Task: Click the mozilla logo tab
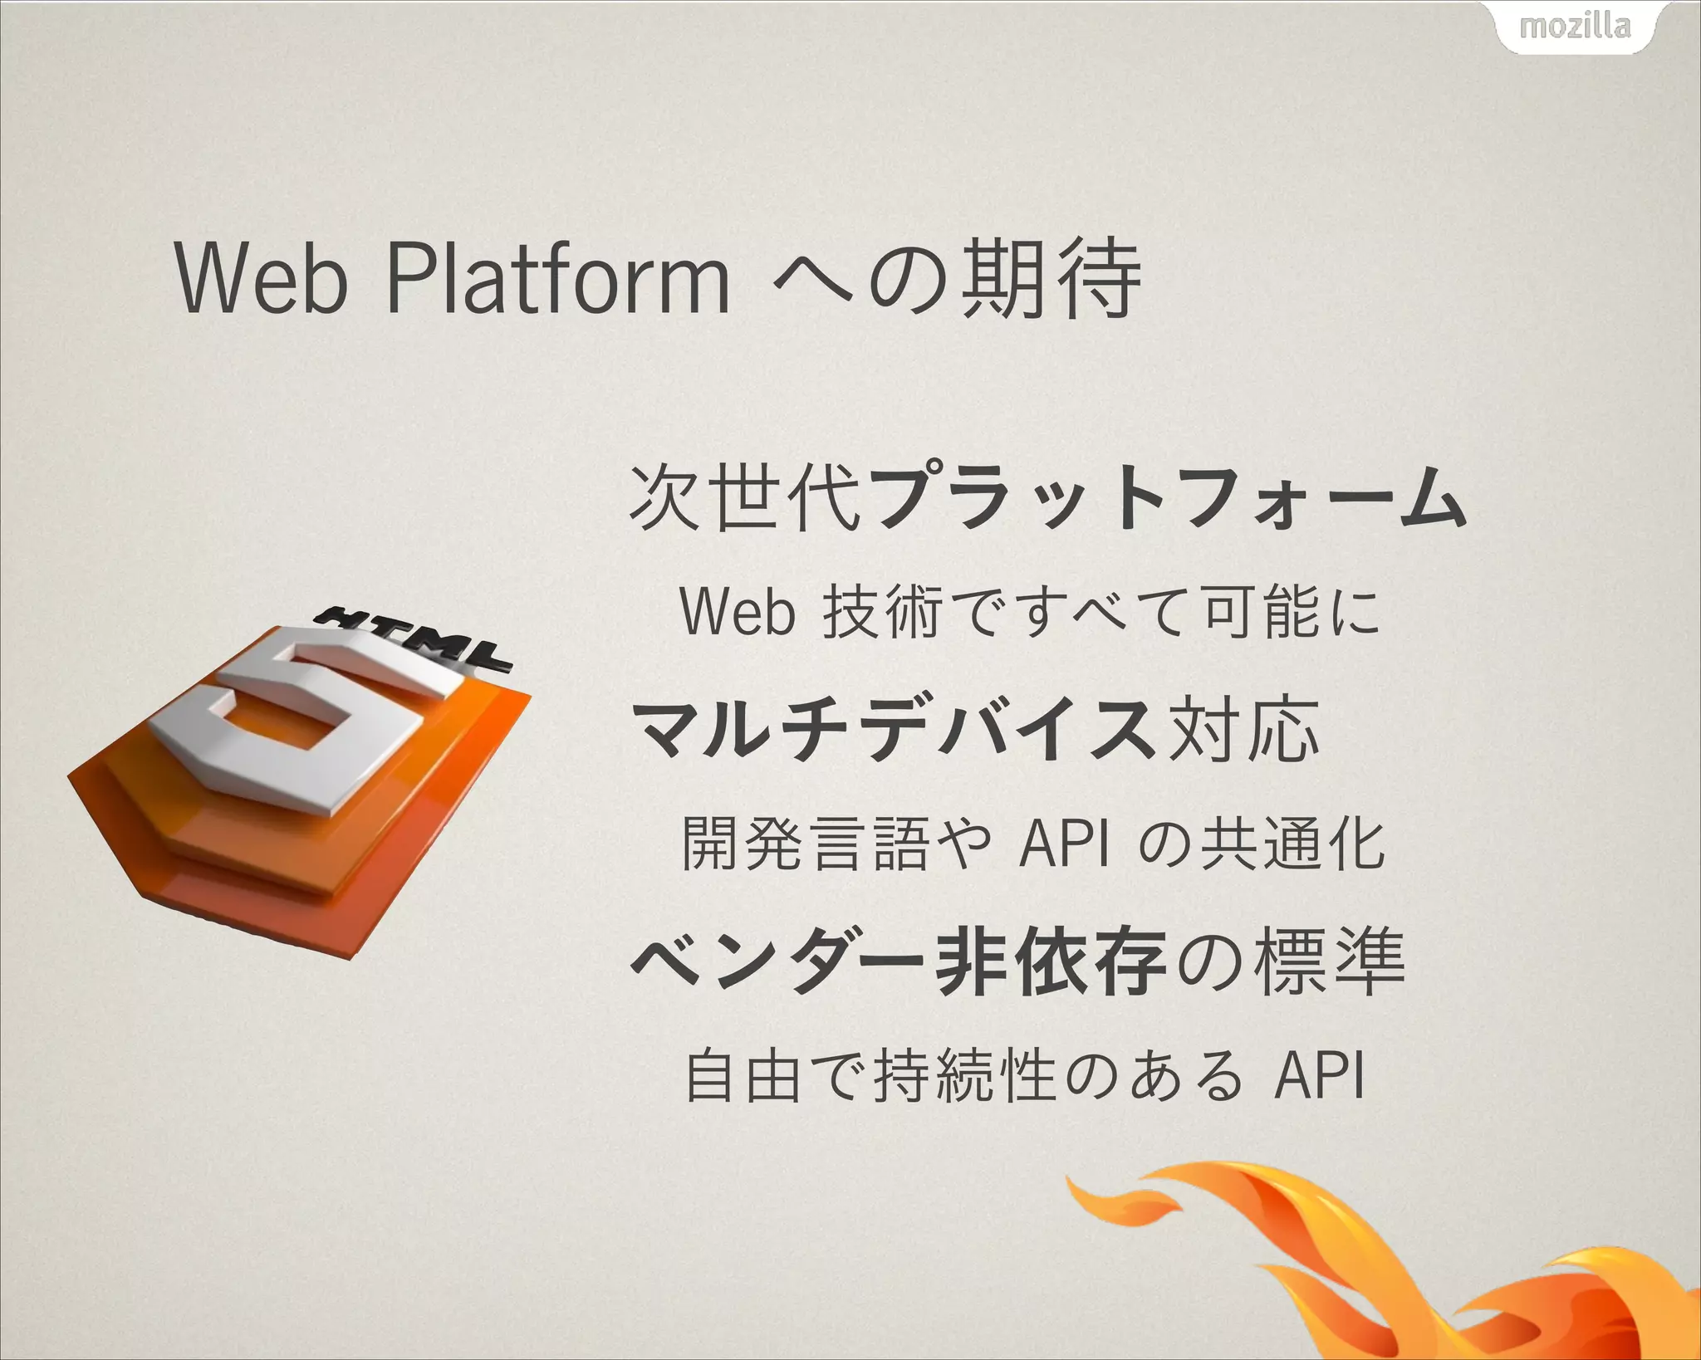1575,27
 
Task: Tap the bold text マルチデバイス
894,730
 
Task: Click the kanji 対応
1243,730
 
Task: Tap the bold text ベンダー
777,961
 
